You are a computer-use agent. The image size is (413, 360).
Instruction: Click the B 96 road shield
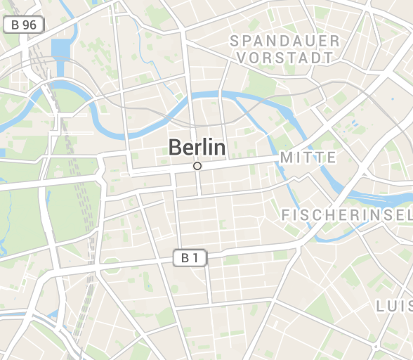(24, 25)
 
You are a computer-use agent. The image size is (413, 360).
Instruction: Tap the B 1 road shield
(190, 258)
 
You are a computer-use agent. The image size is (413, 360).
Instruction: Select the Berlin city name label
(197, 148)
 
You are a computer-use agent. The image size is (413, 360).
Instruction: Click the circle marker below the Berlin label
(197, 166)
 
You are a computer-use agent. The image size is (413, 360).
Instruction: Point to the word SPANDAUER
(284, 41)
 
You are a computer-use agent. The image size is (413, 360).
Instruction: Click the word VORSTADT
(284, 58)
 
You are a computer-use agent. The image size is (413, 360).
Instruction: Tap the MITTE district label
(308, 157)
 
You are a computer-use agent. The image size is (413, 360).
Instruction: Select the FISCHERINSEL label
(346, 214)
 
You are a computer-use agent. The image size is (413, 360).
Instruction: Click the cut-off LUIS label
(394, 306)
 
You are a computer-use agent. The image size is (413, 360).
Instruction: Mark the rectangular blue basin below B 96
(60, 49)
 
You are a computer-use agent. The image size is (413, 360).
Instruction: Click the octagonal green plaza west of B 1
(112, 266)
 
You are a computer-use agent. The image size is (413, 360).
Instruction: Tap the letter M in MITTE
(287, 157)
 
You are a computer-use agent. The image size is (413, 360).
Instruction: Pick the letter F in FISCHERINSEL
(287, 214)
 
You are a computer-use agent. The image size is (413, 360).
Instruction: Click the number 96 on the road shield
(29, 25)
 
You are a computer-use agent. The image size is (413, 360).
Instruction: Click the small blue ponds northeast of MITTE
(355, 127)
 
